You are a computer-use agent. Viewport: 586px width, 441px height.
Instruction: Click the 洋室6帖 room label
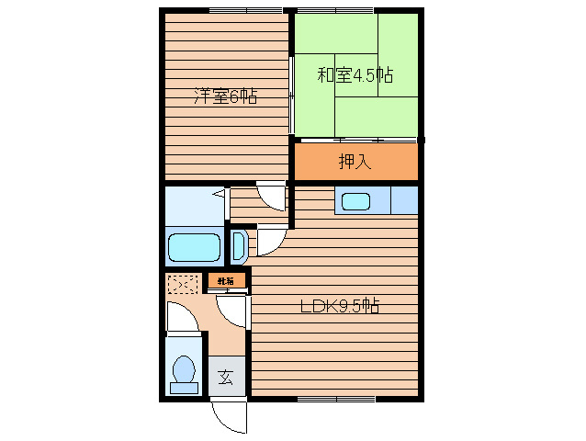pos(225,96)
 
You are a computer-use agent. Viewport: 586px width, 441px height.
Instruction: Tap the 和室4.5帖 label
pos(355,75)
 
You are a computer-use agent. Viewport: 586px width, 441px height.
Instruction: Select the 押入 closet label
pos(355,162)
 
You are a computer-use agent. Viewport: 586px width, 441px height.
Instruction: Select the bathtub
pos(194,248)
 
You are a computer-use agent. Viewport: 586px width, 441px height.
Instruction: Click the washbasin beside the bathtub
pos(237,247)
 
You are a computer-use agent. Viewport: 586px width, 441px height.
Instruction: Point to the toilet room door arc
pos(181,318)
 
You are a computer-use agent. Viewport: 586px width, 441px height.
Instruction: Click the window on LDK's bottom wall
pos(336,399)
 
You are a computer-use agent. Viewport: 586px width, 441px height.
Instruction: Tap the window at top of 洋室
pos(244,10)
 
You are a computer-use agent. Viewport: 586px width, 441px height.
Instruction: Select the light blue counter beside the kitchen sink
pos(403,199)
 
